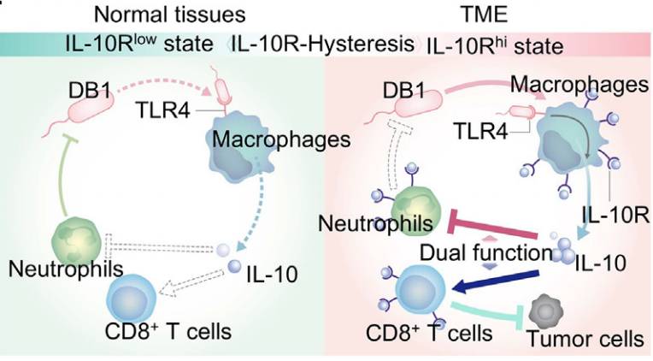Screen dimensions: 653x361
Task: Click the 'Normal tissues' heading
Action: [170, 15]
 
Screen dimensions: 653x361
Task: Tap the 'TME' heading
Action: [484, 15]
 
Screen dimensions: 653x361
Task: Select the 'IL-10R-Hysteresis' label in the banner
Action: [323, 44]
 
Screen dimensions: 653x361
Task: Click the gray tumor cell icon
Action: [545, 311]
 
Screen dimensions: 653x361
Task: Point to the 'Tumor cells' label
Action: [585, 339]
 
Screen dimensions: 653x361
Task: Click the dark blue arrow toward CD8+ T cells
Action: [495, 281]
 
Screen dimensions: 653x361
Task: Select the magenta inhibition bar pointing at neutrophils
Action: [491, 224]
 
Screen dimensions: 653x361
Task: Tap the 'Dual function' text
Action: [486, 252]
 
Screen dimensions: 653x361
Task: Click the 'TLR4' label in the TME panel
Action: [481, 131]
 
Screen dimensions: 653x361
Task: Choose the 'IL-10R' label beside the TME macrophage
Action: [615, 216]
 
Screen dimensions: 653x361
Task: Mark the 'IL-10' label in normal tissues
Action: [272, 275]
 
